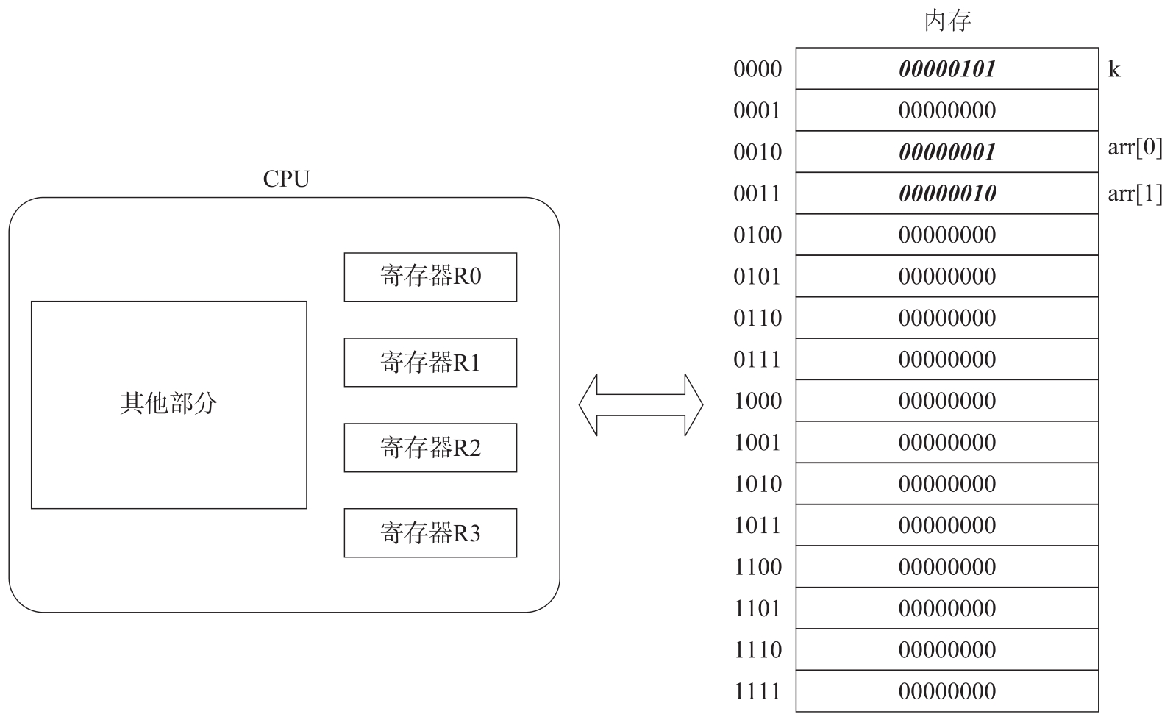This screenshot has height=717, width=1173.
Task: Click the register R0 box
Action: (430, 277)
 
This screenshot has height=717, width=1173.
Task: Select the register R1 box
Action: (430, 363)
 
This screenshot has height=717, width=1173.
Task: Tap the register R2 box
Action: (430, 448)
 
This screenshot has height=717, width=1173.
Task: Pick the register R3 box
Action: (430, 533)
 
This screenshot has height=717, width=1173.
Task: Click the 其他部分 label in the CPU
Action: (168, 404)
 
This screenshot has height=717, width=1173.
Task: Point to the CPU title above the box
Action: (286, 179)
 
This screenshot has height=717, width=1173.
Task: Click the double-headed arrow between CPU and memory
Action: (641, 404)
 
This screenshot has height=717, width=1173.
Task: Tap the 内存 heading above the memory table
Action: (947, 21)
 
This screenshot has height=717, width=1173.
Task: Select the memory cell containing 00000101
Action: (947, 69)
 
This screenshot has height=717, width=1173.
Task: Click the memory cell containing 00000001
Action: (947, 152)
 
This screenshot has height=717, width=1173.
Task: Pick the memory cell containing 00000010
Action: (947, 193)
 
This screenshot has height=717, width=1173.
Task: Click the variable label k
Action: (1114, 70)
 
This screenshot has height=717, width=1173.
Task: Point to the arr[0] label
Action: (1135, 149)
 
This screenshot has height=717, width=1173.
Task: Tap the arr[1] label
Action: (1135, 193)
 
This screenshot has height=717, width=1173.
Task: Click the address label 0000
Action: (757, 69)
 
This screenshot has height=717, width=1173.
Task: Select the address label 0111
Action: (757, 360)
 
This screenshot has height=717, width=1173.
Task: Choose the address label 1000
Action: (757, 401)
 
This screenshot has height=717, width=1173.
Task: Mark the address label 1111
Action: (757, 691)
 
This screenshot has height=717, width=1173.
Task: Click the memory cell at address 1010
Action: (947, 484)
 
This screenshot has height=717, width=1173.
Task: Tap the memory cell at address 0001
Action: (947, 110)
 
